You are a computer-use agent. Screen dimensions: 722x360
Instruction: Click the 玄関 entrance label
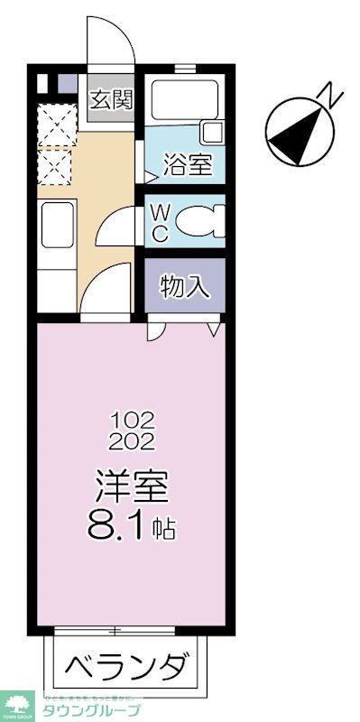point(110,98)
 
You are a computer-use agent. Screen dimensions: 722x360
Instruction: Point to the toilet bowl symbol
point(197,219)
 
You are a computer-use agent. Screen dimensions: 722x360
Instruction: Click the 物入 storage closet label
point(185,287)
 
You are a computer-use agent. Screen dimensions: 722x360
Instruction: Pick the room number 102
point(133,420)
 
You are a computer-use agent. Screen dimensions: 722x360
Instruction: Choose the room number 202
point(133,441)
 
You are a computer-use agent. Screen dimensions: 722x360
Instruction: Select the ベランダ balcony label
point(127,669)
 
